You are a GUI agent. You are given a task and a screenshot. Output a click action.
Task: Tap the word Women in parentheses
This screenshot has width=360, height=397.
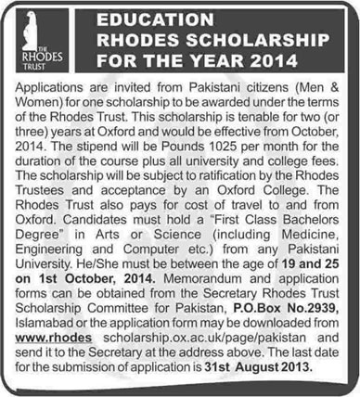pyautogui.click(x=31, y=98)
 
